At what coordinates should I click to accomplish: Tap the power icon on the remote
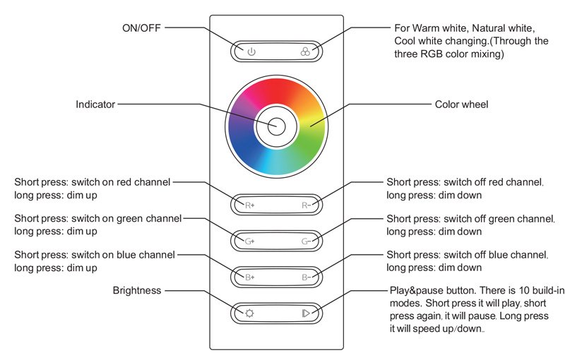(x=251, y=52)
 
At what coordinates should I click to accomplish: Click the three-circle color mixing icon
(x=305, y=52)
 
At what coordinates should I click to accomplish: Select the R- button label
(x=307, y=205)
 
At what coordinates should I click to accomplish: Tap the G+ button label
(x=250, y=241)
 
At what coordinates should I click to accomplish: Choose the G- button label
(x=307, y=241)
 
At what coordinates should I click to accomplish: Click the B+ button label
(x=250, y=277)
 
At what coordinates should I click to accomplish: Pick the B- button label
(x=307, y=277)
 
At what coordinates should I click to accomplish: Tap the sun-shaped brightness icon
(x=249, y=313)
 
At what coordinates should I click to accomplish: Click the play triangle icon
(x=306, y=313)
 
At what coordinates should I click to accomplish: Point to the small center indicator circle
(x=276, y=126)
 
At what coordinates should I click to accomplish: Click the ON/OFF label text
(x=141, y=28)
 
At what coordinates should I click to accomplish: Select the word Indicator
(x=95, y=104)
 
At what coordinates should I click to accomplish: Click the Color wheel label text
(x=462, y=104)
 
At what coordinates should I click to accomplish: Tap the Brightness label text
(x=137, y=291)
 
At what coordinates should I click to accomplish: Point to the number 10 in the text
(x=524, y=290)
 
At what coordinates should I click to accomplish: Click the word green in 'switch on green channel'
(x=129, y=219)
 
